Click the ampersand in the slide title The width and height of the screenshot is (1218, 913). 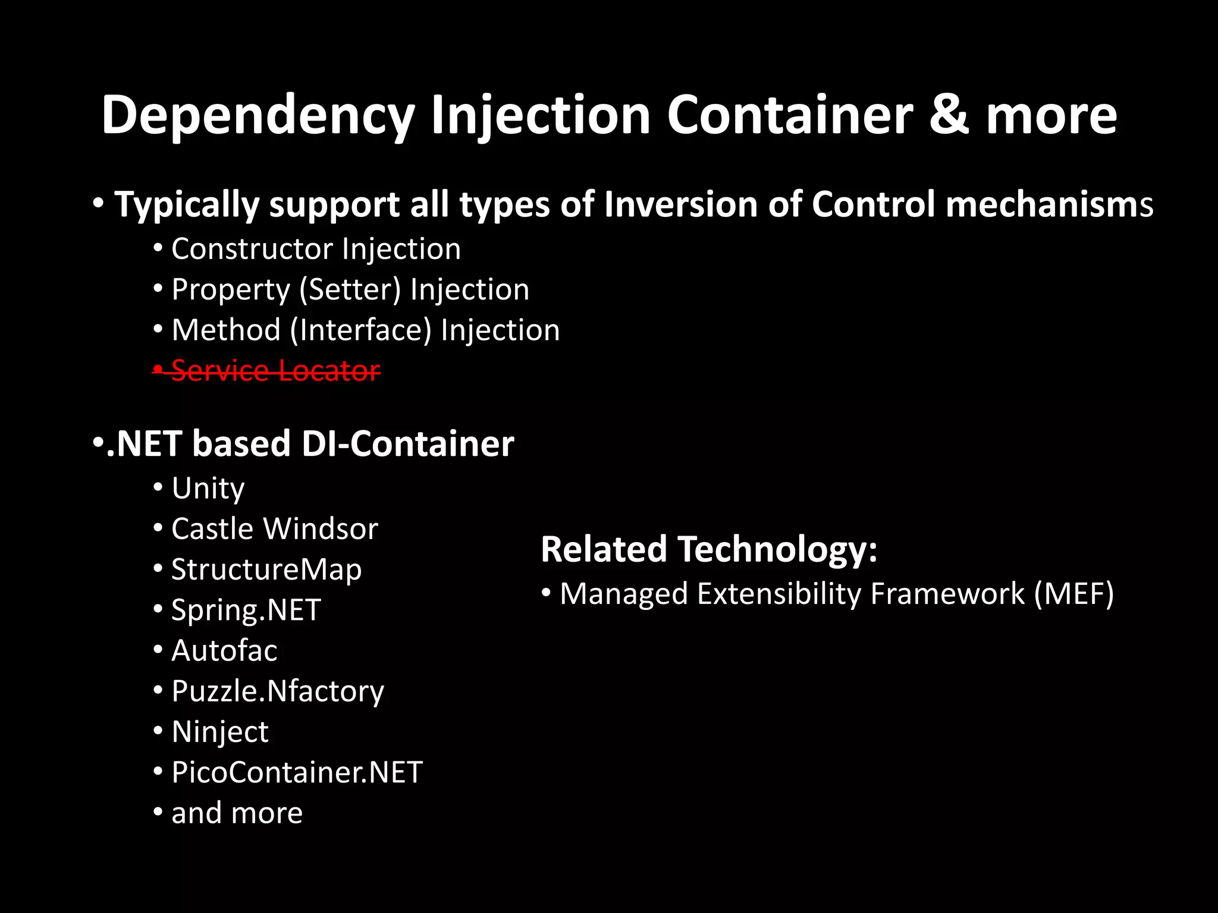point(949,115)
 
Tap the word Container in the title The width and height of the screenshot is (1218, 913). point(789,115)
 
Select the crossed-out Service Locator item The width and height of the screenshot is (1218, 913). point(275,371)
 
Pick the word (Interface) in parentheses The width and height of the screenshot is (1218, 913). point(360,330)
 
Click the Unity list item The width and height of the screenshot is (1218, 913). point(208,489)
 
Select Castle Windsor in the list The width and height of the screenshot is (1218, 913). point(274,529)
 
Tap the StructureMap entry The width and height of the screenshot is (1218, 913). point(266,569)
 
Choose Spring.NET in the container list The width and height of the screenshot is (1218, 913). point(246,610)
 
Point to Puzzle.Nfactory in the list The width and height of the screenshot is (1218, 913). point(277,691)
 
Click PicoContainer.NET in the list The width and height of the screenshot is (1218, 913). point(296,773)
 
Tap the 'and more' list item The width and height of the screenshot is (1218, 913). point(237,813)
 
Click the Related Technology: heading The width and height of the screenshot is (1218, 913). point(708,549)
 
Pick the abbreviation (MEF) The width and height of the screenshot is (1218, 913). point(1073,594)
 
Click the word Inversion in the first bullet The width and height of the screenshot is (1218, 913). point(680,205)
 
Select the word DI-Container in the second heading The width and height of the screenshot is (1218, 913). point(407,444)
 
